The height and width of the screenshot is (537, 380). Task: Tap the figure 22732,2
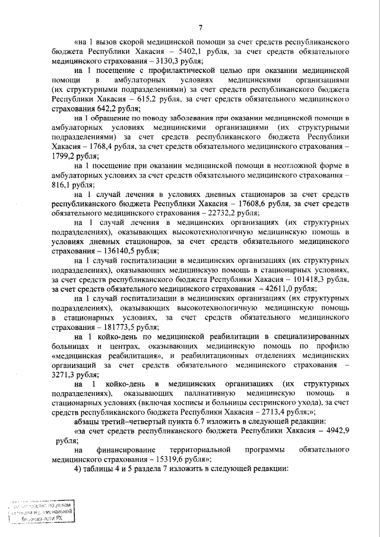point(194,215)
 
